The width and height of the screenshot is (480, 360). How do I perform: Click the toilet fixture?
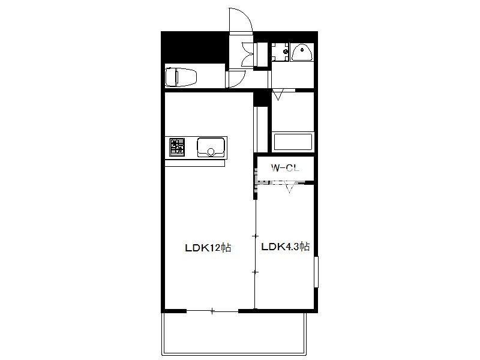181,77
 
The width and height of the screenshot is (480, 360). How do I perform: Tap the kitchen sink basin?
211,147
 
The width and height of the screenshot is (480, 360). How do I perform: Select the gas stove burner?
177,147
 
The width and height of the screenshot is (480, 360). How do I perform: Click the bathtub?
293,142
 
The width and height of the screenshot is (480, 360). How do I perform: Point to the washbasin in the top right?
302,53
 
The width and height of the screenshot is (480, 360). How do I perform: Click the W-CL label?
285,168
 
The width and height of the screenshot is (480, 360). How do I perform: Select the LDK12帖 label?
208,247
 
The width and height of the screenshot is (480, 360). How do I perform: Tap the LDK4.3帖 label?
286,247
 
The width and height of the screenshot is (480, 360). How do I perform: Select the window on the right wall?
316,272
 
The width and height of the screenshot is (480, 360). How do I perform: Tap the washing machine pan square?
280,52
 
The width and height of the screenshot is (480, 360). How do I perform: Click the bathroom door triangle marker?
278,95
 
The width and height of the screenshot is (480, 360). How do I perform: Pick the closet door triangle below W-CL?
290,187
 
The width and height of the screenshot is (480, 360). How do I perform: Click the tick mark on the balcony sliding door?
212,311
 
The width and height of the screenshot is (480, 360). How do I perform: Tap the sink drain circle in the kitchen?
211,152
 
